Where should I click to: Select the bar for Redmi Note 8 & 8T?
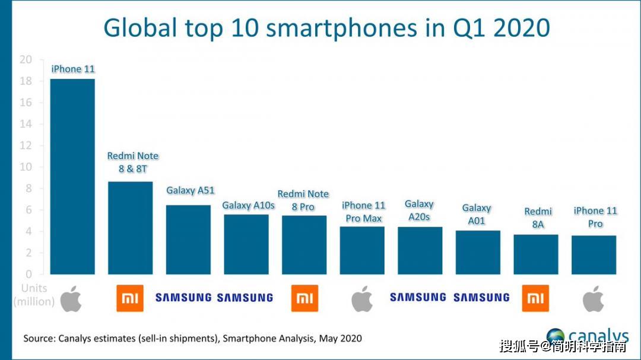(130, 228)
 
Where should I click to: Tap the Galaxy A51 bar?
(188, 240)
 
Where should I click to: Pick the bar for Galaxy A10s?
(246, 244)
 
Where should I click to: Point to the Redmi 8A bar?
(536, 254)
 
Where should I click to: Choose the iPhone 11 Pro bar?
(594, 255)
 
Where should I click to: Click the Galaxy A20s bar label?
(419, 211)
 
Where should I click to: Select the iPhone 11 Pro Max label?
(363, 212)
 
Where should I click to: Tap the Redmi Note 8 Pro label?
(303, 200)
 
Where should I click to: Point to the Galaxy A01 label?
(477, 214)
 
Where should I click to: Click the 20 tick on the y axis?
(26, 59)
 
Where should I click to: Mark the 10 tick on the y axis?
(26, 167)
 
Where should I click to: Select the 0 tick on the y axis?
(28, 274)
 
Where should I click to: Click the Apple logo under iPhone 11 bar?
(71, 298)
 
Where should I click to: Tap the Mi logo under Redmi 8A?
(536, 298)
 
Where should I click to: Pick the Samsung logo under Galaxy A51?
(183, 298)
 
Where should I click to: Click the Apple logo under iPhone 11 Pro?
(593, 298)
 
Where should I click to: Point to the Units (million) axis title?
(34, 295)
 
